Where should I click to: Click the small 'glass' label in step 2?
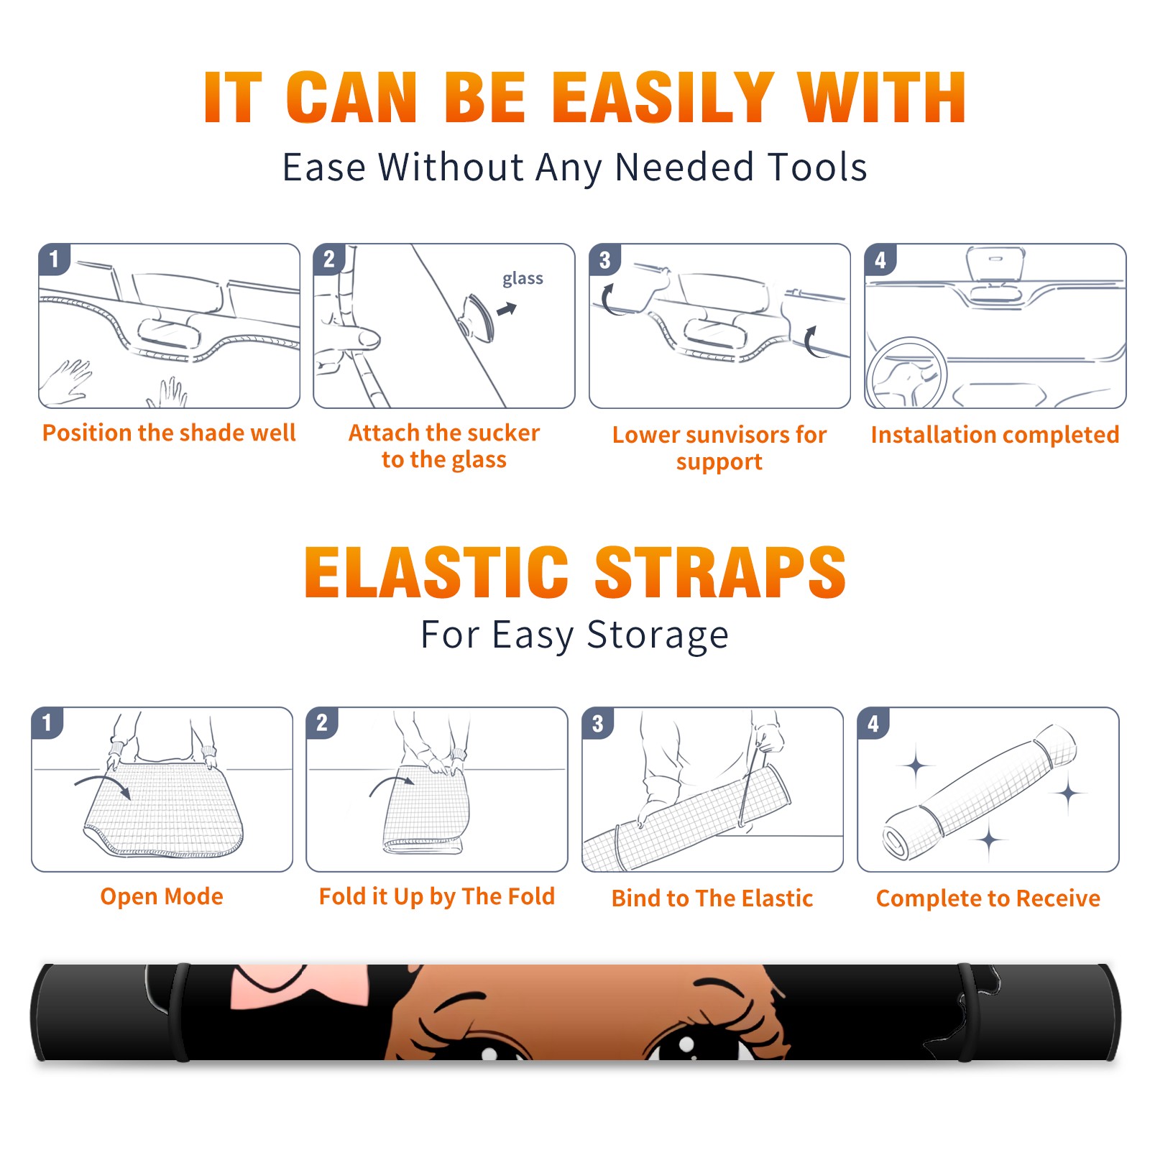523,279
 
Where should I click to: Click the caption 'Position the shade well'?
169,433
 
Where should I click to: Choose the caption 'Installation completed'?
995,435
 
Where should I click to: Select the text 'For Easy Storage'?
574,635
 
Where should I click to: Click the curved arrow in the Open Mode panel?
103,785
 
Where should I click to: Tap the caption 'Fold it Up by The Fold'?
437,896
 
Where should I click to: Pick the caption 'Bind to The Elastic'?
712,898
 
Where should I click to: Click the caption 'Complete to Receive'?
988,898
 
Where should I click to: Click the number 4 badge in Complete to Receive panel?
873,723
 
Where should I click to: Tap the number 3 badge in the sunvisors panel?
604,259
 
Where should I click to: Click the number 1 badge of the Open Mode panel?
47,722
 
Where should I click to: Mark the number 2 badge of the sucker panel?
329,259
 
